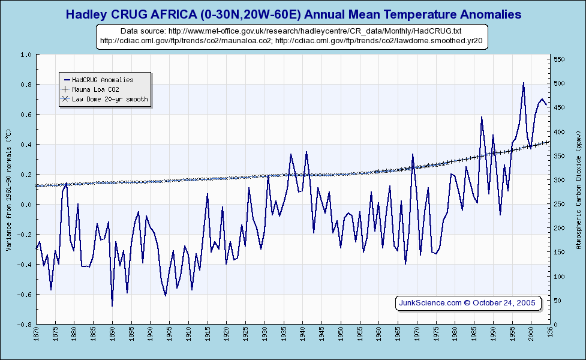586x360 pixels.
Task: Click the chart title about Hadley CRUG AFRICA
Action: pyautogui.click(x=293, y=14)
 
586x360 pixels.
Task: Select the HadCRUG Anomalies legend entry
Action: pyautogui.click(x=102, y=79)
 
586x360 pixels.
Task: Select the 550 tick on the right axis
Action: pyautogui.click(x=560, y=59)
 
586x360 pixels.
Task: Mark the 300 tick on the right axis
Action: pyautogui.click(x=560, y=180)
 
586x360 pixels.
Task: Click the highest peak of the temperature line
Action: pyautogui.click(x=524, y=83)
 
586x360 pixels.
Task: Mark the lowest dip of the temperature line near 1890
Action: pyautogui.click(x=112, y=306)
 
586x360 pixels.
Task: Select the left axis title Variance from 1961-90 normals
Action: pyautogui.click(x=8, y=188)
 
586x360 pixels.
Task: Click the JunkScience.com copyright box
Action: pyautogui.click(x=468, y=303)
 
